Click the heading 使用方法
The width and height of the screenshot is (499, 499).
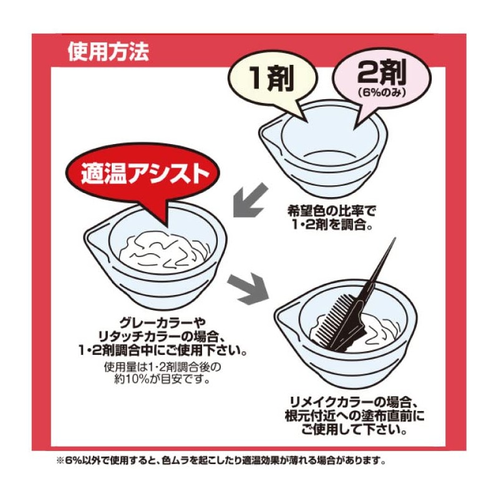(108, 51)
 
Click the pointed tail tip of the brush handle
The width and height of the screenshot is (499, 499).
(394, 240)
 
